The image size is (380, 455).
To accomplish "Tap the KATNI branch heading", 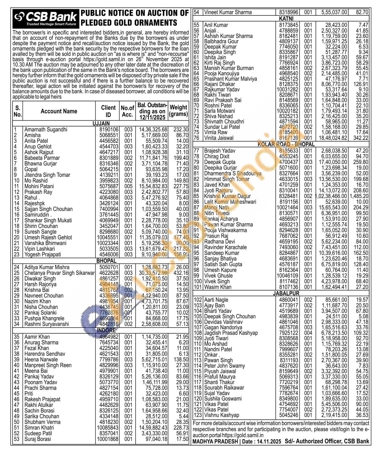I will (286, 19).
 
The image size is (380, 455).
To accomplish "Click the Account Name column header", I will (59, 111).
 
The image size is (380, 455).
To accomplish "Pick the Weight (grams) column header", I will (179, 111).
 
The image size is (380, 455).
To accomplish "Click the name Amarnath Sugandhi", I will (46, 129).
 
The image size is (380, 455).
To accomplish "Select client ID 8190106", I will (109, 129).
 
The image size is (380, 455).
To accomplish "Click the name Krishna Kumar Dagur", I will (227, 196).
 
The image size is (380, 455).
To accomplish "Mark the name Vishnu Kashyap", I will (222, 415).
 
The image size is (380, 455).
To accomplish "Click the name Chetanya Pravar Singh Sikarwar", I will (60, 273).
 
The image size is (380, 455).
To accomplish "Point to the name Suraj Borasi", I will (38, 439).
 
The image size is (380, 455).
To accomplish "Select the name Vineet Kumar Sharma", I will (228, 12).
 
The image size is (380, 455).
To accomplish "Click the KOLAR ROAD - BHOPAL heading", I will (286, 144).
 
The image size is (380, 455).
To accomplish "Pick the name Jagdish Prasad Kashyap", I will (231, 333).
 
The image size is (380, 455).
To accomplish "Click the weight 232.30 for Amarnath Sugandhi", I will (181, 129).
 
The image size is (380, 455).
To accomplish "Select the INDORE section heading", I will (106, 330).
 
